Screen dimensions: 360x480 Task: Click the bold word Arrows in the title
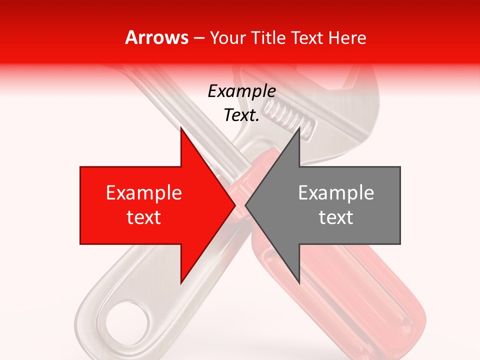[x=156, y=37]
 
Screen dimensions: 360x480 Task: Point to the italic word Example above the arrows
[x=242, y=91]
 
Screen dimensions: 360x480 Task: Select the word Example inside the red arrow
[x=144, y=193]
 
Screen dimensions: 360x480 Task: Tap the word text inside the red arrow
[x=144, y=217]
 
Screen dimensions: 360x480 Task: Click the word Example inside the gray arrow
[x=336, y=193]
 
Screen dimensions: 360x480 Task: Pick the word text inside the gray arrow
[x=336, y=217]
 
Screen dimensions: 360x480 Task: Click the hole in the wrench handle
[x=128, y=325]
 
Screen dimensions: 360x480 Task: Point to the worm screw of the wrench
[x=290, y=117]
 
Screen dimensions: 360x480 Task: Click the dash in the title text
[x=198, y=38]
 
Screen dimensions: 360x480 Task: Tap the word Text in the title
[x=305, y=37]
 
